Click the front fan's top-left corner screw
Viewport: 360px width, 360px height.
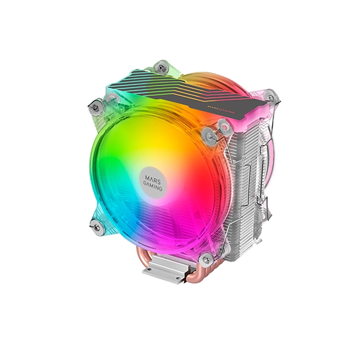click(94, 107)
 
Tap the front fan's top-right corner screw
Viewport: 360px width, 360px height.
click(208, 134)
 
